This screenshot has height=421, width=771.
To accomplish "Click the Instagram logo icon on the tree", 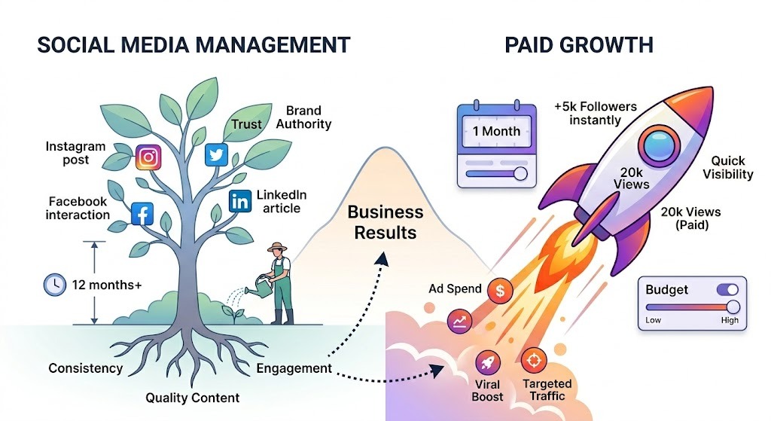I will (x=149, y=157).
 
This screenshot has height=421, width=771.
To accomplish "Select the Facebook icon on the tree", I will (x=142, y=214).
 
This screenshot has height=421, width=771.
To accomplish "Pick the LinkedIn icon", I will (x=239, y=200).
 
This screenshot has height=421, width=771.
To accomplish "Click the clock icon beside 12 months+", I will (x=54, y=285).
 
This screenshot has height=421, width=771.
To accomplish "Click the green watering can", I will (x=264, y=284).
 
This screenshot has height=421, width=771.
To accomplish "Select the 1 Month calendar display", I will (x=496, y=130).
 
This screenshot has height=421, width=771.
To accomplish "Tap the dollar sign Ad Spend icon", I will (x=500, y=289).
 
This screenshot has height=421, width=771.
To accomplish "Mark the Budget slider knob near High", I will (x=732, y=307).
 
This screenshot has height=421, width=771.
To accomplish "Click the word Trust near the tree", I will (x=246, y=125).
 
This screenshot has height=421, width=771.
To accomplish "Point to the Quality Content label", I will (x=193, y=398).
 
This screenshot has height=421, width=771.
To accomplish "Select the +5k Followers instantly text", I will (x=596, y=114).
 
